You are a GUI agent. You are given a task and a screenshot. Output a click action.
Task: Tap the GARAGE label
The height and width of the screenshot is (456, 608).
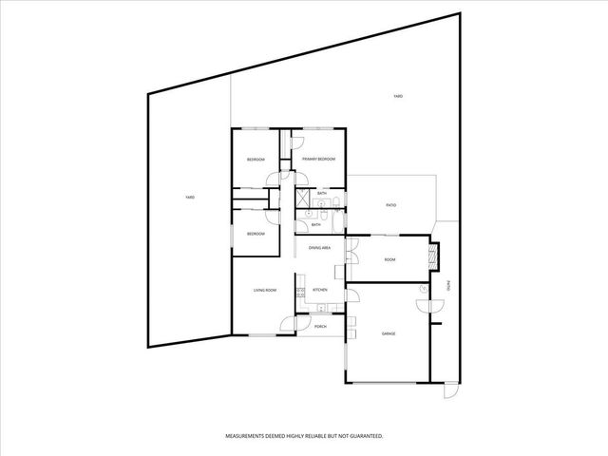click(x=389, y=334)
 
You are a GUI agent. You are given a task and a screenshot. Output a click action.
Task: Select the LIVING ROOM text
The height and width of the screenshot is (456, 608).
click(x=264, y=290)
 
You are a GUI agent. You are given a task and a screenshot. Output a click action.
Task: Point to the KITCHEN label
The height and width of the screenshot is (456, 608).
click(x=320, y=290)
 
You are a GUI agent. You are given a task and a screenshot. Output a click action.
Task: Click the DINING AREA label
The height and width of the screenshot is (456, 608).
click(x=319, y=247)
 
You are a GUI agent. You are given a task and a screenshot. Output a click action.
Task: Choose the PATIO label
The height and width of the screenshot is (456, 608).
click(x=390, y=205)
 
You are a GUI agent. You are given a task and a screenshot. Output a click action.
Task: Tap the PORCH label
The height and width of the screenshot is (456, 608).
click(x=320, y=326)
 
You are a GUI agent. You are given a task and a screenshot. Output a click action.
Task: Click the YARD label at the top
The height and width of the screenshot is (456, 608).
click(x=399, y=97)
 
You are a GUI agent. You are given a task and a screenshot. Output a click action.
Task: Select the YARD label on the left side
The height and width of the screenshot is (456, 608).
click(x=190, y=197)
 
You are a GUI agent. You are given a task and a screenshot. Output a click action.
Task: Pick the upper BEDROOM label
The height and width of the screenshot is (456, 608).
click(x=256, y=160)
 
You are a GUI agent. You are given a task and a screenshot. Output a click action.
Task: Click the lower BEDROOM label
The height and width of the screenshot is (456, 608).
click(x=256, y=234)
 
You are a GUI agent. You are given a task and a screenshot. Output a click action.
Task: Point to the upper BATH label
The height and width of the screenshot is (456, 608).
click(x=322, y=194)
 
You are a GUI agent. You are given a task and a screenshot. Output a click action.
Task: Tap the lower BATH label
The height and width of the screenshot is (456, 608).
click(x=315, y=225)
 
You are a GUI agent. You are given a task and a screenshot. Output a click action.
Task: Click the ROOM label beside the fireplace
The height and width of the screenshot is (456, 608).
click(x=389, y=258)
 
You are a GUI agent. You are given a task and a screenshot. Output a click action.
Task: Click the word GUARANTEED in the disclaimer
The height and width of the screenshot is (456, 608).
click(x=362, y=436)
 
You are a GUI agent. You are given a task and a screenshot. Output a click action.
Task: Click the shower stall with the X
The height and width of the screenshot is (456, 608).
click(x=302, y=199)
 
